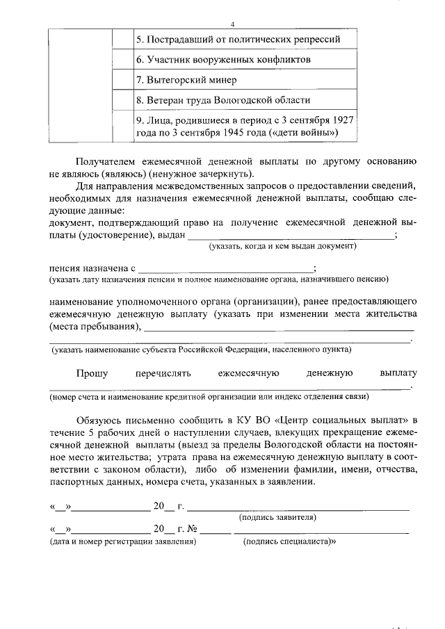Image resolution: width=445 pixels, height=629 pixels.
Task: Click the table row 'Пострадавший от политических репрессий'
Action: [238, 39]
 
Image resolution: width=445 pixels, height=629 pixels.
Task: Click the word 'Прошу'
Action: [92, 373]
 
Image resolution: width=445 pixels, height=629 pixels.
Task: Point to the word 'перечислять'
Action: [163, 373]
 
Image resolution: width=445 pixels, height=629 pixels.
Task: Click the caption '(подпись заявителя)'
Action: [278, 517]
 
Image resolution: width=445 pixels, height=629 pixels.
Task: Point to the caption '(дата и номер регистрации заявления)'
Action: [122, 540]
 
